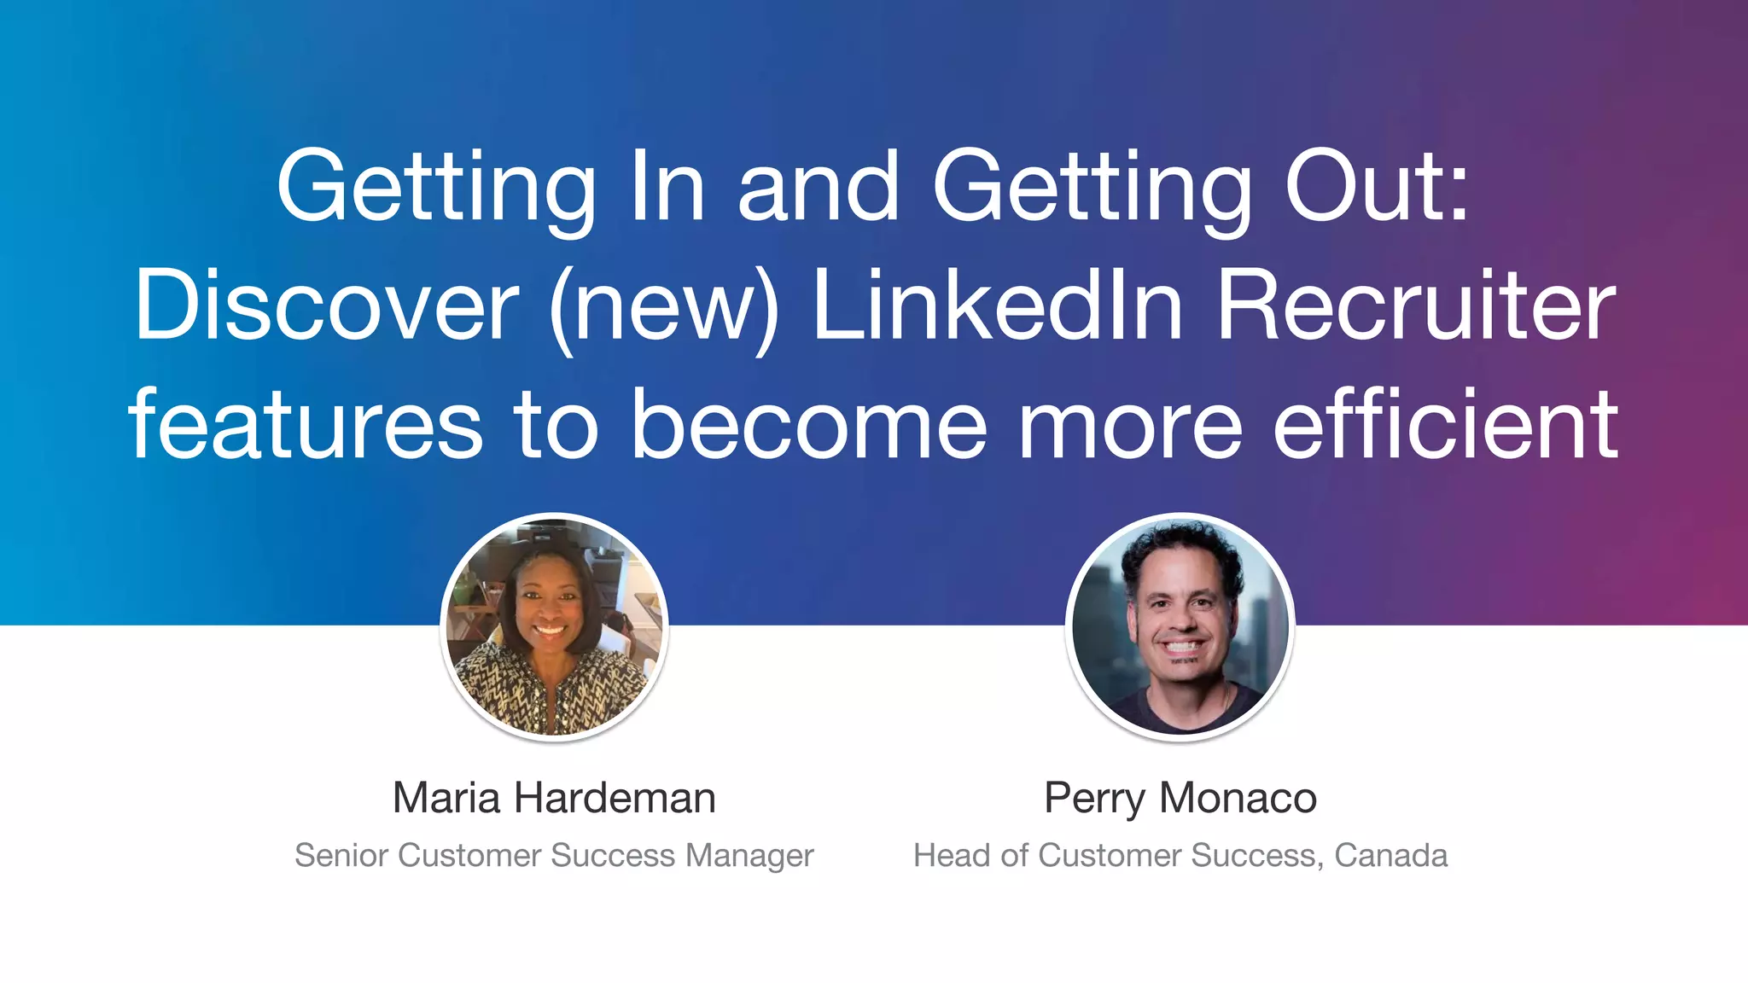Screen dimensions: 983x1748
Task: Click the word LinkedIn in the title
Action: click(x=997, y=305)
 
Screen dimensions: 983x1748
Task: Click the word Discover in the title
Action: click(x=326, y=305)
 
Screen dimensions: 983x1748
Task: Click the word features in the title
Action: click(x=306, y=424)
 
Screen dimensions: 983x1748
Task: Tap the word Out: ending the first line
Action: click(x=1377, y=185)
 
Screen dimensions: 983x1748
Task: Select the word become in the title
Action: click(x=809, y=424)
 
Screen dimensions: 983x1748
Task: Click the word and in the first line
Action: click(x=818, y=185)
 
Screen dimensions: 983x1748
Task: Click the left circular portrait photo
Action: click(x=555, y=627)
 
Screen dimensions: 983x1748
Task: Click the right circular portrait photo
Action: click(x=1180, y=627)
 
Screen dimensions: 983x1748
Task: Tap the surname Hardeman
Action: click(x=615, y=798)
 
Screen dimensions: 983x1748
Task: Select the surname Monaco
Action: click(x=1238, y=798)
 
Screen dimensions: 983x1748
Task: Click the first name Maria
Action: click(x=446, y=798)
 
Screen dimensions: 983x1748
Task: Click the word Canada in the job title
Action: click(x=1390, y=855)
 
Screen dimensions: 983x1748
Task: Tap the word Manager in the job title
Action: click(x=749, y=856)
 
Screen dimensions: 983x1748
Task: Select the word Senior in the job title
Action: click(x=341, y=855)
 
